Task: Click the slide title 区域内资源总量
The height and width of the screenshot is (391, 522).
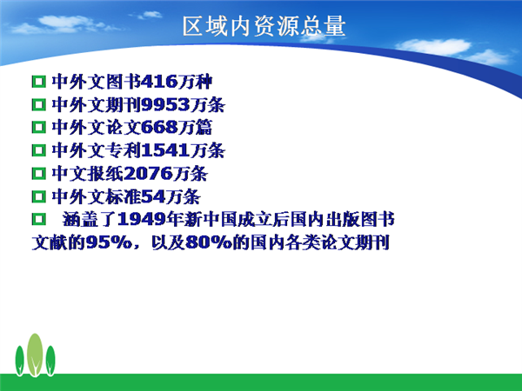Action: coord(264,26)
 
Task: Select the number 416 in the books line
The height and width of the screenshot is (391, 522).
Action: coord(159,82)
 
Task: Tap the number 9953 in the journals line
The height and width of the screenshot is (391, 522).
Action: coord(165,105)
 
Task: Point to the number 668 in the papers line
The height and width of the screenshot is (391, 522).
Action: coord(159,128)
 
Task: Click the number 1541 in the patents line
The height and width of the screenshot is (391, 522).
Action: coord(165,150)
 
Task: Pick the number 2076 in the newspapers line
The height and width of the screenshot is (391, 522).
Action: coord(149,173)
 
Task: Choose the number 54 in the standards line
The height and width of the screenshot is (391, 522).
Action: coord(153,196)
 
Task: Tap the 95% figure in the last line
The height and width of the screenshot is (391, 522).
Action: coord(109,242)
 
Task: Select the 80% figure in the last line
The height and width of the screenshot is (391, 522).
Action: coord(209,242)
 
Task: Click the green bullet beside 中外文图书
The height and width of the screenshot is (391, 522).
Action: coord(38,82)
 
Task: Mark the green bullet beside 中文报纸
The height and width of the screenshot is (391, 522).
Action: coord(38,174)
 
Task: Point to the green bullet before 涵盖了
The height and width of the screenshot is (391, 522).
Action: coord(38,219)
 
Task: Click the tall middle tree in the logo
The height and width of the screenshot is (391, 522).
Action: coord(35,355)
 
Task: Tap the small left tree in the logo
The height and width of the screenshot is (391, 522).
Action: coord(20,361)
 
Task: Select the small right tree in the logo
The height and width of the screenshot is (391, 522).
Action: coord(50,361)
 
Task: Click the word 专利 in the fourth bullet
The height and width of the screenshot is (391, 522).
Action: coord(124,150)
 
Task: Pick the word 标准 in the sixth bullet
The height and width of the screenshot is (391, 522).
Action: coord(124,196)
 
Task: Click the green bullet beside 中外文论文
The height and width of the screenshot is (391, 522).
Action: coord(38,128)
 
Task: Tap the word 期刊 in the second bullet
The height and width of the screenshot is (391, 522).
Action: coord(124,105)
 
